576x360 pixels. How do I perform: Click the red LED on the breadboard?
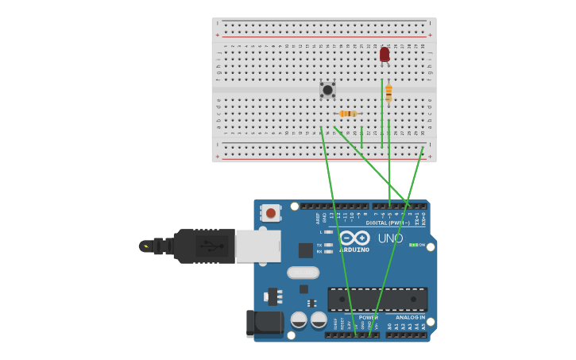click(385, 54)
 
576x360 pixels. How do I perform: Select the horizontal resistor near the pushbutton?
click(348, 114)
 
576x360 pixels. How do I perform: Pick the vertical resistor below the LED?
click(389, 93)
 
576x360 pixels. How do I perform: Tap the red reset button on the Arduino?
click(271, 213)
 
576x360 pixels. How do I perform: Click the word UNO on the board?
click(390, 238)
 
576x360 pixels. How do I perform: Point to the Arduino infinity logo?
click(354, 238)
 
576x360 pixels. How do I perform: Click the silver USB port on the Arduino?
click(258, 246)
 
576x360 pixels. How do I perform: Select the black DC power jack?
click(265, 323)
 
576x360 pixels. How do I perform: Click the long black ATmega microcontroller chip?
click(377, 300)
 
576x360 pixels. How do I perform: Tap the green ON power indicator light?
click(412, 245)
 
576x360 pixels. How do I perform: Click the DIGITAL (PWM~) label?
click(388, 223)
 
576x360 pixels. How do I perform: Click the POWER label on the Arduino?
click(368, 317)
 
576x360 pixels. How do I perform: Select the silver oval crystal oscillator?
click(303, 273)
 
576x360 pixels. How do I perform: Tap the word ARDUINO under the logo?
click(354, 250)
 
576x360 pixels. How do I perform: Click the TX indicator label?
click(319, 245)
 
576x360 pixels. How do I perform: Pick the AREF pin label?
click(318, 217)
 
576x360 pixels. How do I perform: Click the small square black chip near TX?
click(305, 250)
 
